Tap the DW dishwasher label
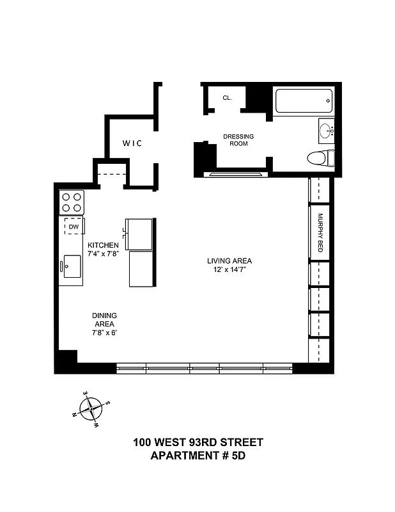point(74,227)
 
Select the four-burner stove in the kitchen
point(72,202)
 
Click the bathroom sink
point(326,131)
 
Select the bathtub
point(303,100)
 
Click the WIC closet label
point(132,143)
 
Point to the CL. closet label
point(227,98)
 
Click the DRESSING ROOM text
point(238,140)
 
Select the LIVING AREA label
point(229,260)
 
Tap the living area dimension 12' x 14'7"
point(229,270)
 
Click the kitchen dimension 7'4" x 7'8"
point(104,254)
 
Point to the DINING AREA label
point(104,319)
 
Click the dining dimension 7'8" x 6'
point(104,333)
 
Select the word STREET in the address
point(240,442)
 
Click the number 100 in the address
point(143,442)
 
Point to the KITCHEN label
point(104,245)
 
